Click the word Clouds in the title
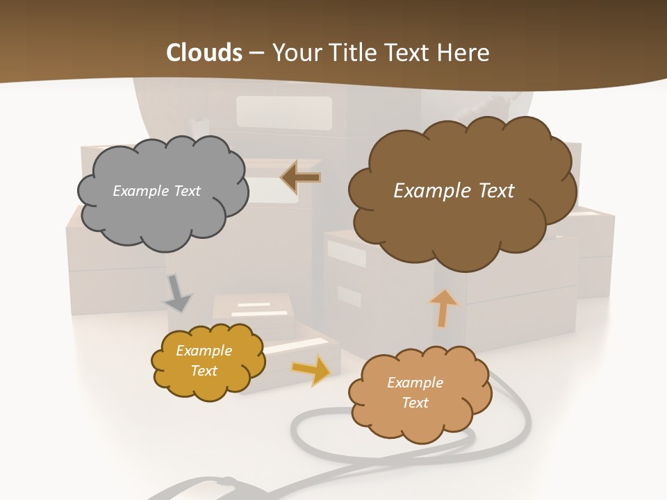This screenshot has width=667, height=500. [x=204, y=53]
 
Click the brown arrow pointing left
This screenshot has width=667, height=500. [x=300, y=178]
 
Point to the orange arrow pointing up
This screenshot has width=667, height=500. [x=443, y=307]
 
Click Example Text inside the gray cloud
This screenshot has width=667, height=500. [x=156, y=191]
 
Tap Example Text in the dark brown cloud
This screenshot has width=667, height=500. [x=454, y=191]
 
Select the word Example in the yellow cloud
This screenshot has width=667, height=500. [x=204, y=351]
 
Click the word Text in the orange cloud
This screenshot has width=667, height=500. [x=415, y=403]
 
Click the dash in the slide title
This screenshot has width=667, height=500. [x=256, y=53]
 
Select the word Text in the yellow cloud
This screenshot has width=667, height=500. [x=204, y=371]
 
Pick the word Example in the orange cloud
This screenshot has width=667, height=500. [x=415, y=383]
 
